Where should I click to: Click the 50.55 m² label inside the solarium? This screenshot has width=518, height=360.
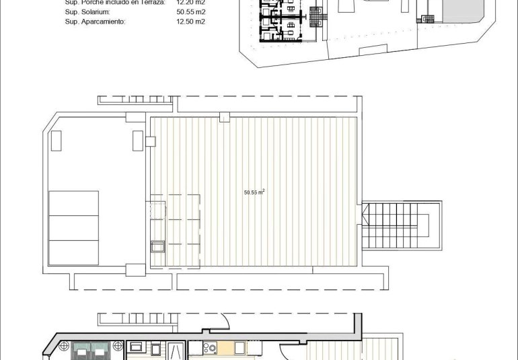click(254, 192)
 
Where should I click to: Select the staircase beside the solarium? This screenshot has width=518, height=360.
click(402, 226)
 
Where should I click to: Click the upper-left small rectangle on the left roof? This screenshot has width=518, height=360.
click(57, 141)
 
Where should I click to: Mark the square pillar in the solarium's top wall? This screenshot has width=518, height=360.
click(223, 116)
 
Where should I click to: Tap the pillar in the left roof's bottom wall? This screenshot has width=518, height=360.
click(134, 270)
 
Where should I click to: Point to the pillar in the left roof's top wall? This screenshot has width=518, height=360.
click(134, 116)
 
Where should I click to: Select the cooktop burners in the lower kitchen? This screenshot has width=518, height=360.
click(211, 349)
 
